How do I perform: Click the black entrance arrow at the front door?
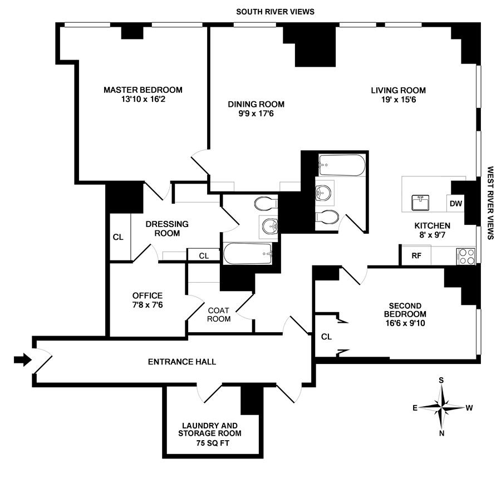[x=22, y=360]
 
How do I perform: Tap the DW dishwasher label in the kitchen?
[x=456, y=204]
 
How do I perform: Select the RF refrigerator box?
[x=416, y=256]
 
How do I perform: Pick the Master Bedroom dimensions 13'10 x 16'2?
[x=143, y=100]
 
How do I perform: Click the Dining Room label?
[x=256, y=104]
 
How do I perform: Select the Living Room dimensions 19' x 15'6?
[x=399, y=100]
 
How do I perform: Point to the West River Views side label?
[x=491, y=203]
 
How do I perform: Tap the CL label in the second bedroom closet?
[x=327, y=336]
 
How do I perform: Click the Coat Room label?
[x=219, y=314]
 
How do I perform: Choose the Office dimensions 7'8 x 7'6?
[x=148, y=305]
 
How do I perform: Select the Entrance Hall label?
[x=182, y=362]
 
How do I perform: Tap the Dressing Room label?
[x=167, y=228]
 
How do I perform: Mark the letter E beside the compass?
[x=415, y=408]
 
